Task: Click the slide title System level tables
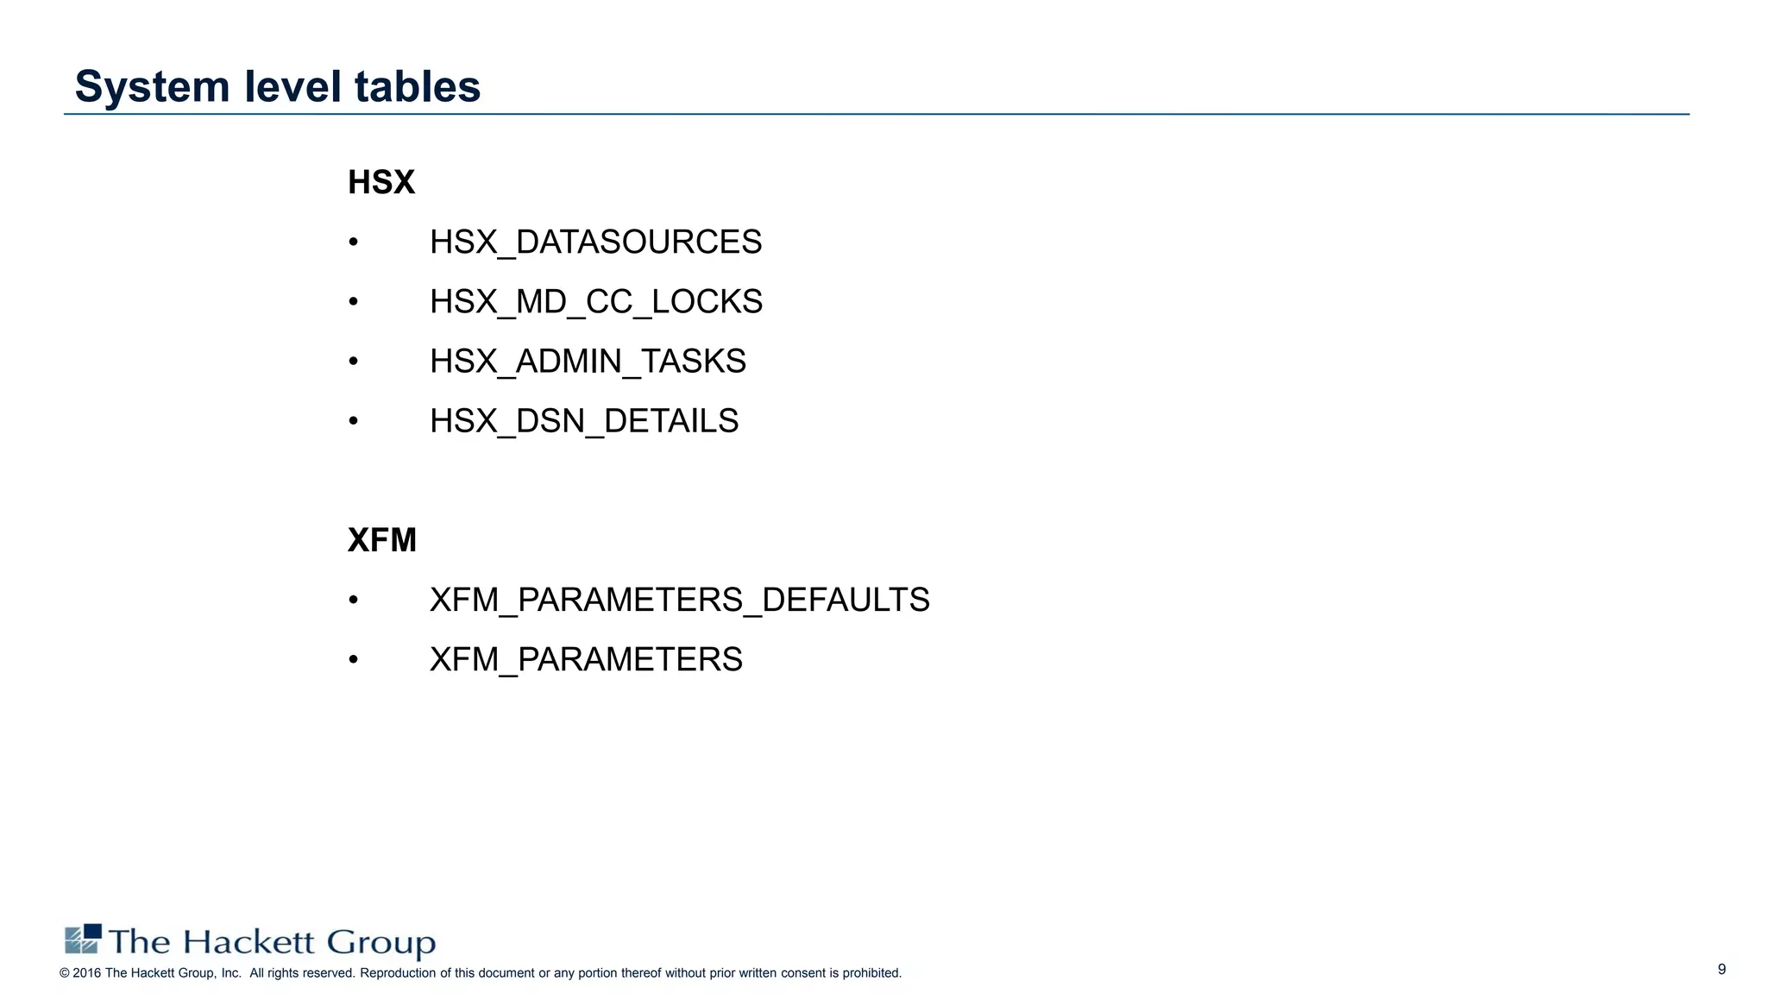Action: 277,86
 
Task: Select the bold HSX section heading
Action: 381,182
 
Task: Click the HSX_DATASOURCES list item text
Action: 595,242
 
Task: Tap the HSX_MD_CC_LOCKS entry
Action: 595,301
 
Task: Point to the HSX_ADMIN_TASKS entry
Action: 588,361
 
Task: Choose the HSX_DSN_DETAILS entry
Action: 584,421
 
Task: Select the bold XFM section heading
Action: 381,540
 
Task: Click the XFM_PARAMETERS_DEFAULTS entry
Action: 679,600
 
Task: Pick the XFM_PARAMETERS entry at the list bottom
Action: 586,659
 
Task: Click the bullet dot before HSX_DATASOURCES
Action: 353,242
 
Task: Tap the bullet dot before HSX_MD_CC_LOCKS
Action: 353,302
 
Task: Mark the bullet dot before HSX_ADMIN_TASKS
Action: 353,362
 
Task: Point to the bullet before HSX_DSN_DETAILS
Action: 353,422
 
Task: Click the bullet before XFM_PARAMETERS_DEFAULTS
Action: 353,601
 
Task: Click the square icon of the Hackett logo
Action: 83,939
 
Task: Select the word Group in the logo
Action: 380,943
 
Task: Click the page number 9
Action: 1721,969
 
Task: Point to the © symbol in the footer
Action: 65,973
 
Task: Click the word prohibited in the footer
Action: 871,973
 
